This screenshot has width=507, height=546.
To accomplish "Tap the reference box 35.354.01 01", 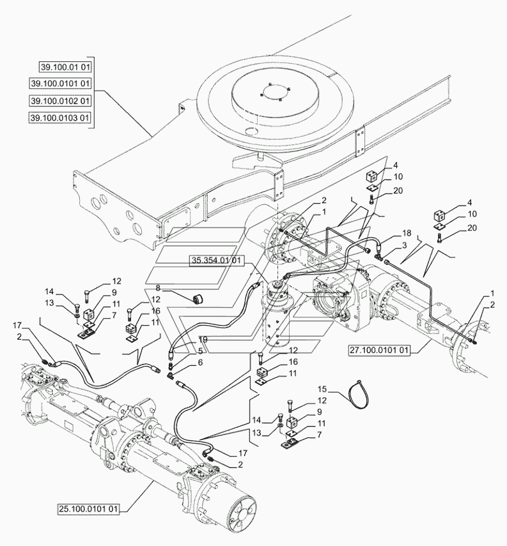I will [216, 260].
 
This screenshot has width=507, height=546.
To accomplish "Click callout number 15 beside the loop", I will [322, 388].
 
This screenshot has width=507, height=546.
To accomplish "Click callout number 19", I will [202, 340].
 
